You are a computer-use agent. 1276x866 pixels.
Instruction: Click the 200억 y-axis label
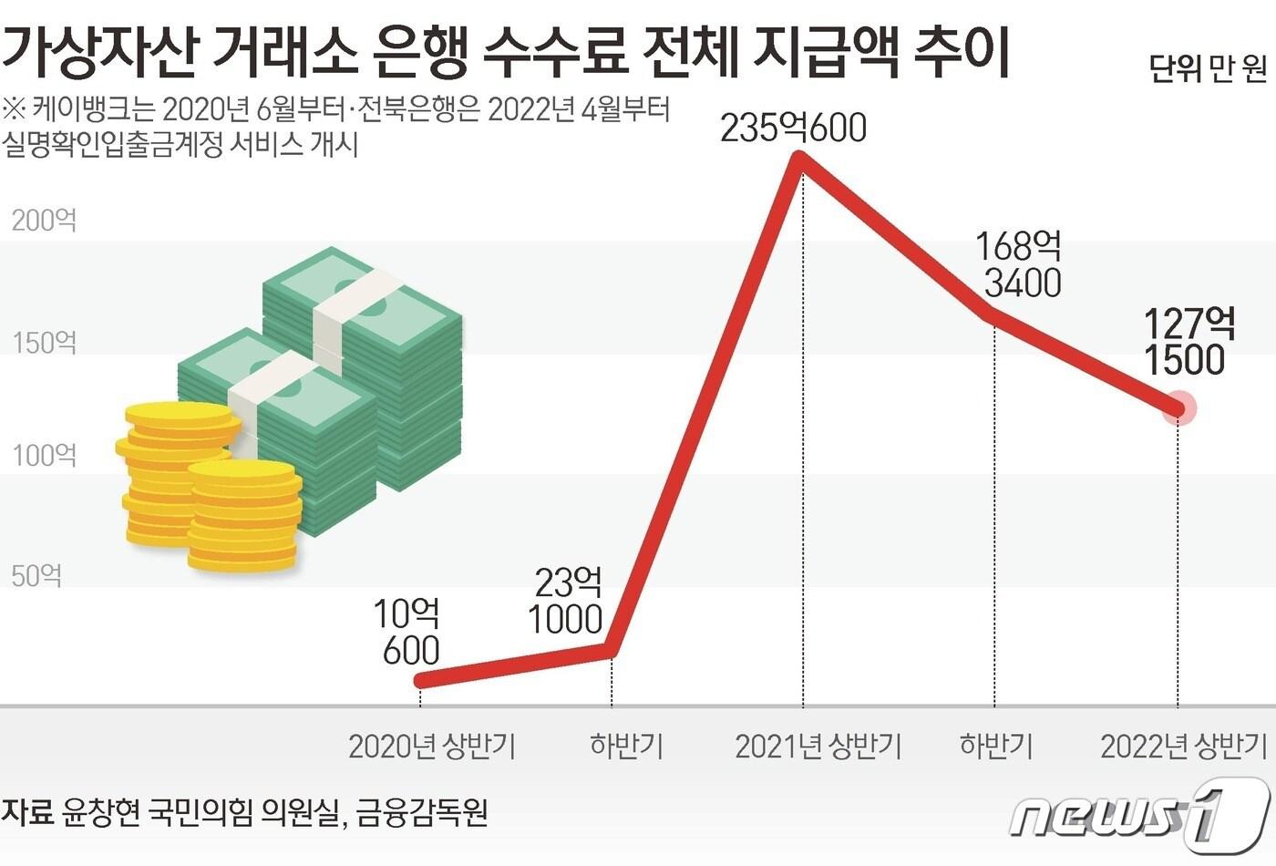(x=44, y=221)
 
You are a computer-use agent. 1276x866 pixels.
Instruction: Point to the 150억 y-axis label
(x=44, y=343)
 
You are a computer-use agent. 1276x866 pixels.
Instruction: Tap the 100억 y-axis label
(x=44, y=455)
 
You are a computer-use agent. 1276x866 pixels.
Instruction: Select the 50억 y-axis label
(x=36, y=576)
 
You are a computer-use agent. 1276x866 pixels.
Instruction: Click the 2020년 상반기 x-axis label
(x=432, y=747)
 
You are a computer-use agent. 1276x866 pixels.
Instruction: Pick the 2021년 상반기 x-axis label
(x=818, y=747)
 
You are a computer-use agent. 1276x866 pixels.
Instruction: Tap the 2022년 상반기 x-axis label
(x=1183, y=747)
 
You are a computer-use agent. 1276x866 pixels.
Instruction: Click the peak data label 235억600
(x=793, y=129)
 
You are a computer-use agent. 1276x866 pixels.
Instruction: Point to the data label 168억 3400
(x=1019, y=264)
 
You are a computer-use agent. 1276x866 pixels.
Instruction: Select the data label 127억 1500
(x=1188, y=342)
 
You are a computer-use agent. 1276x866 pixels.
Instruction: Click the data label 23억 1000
(x=567, y=601)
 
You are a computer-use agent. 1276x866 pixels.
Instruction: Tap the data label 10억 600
(x=407, y=633)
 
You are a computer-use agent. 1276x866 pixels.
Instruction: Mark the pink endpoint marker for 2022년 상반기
(x=1179, y=407)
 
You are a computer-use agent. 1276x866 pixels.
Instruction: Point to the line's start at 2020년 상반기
(x=420, y=680)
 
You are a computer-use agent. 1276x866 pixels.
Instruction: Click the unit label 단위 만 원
(x=1208, y=67)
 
